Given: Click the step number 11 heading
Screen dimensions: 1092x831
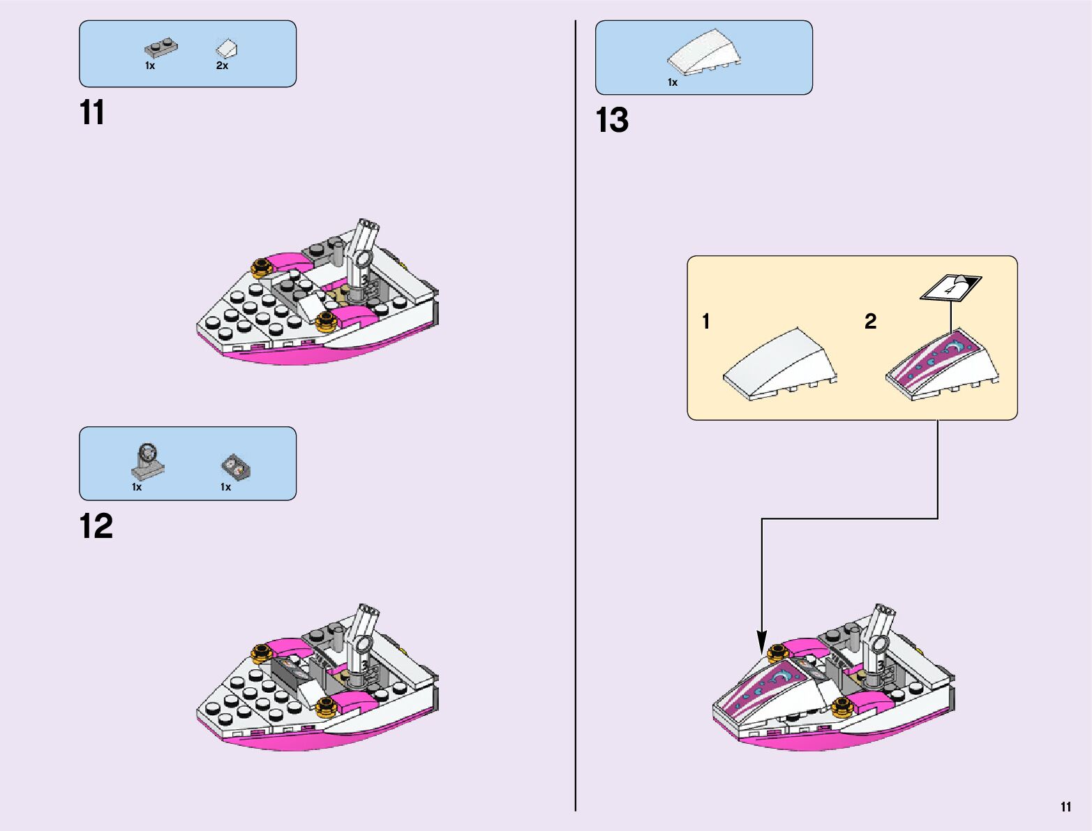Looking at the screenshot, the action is coord(92,112).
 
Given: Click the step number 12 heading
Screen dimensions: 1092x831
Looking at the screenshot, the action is coord(96,526).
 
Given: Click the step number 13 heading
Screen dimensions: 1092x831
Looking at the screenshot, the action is coord(612,120).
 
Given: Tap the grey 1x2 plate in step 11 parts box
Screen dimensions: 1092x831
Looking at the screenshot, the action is coord(160,48).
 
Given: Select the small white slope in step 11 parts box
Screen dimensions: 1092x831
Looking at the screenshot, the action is coord(227,49).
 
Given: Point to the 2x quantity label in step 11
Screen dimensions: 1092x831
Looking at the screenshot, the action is coord(222,66).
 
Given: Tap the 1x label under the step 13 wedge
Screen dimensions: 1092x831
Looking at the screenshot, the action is coord(672,82).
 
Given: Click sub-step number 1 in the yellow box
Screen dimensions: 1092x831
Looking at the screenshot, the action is coord(706,321).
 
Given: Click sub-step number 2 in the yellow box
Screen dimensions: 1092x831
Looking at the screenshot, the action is coord(870,321).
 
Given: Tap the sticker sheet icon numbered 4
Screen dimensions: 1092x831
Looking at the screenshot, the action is coord(950,287).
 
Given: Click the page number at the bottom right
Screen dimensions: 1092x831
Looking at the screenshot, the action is coord(1065,807).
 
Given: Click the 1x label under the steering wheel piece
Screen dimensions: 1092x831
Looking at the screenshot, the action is coord(137,487).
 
